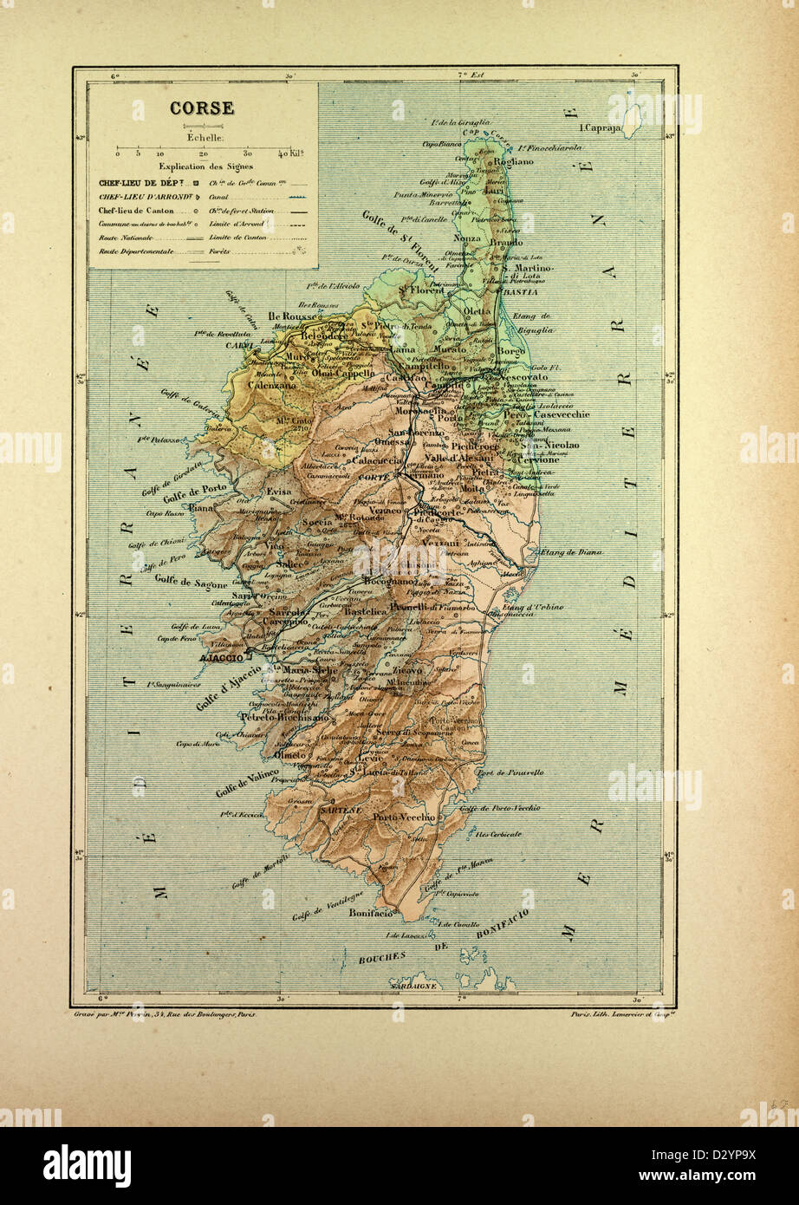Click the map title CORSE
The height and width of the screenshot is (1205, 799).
pyautogui.click(x=201, y=108)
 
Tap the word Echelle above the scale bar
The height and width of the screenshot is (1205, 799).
pyautogui.click(x=205, y=137)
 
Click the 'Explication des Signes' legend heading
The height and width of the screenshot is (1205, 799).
pyautogui.click(x=205, y=166)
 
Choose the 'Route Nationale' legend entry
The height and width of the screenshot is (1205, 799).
pyautogui.click(x=125, y=236)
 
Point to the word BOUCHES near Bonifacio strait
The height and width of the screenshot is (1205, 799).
pyautogui.click(x=382, y=956)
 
